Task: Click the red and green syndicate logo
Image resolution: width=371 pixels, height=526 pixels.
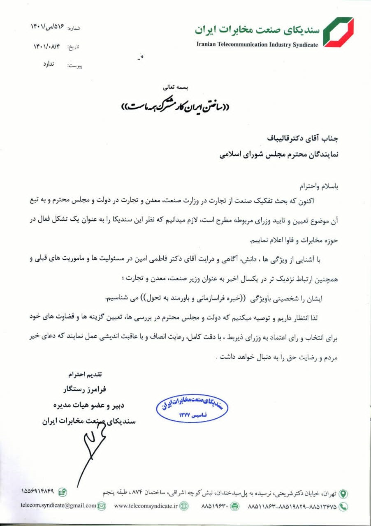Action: point(338,32)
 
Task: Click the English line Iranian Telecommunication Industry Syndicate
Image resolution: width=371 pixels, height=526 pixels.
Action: point(257,45)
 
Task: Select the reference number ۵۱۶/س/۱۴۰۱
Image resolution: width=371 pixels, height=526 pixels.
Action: point(48,27)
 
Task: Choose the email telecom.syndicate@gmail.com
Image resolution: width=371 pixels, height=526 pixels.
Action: point(58,505)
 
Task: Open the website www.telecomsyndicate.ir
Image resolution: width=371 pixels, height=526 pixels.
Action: point(146,506)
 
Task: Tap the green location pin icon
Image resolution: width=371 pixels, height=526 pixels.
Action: point(343,493)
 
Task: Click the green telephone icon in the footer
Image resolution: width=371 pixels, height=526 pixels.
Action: point(343,506)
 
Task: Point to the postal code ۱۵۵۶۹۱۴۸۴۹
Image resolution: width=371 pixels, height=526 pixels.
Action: point(39,491)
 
